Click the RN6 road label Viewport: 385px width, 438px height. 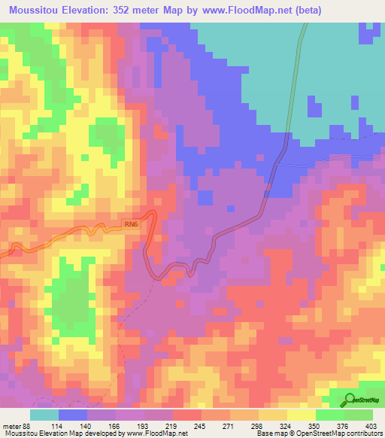(x=131, y=224)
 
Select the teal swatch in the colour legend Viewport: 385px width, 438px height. (x=44, y=415)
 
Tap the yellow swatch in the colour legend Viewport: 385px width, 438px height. (x=301, y=415)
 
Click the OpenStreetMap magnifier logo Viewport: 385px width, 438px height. (x=351, y=400)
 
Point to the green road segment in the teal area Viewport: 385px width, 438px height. (x=298, y=75)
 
